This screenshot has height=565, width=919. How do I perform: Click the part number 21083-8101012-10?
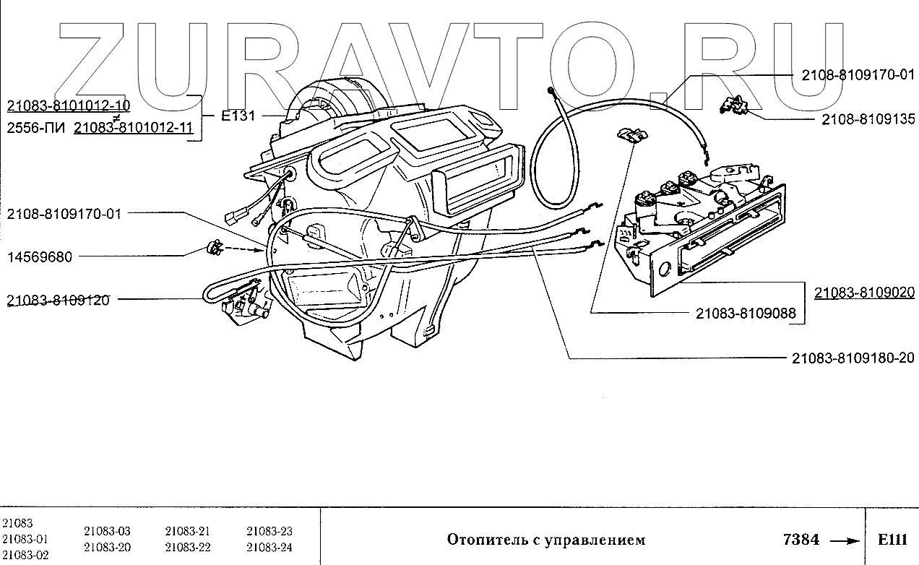click(x=69, y=106)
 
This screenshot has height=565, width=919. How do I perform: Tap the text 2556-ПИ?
click(x=35, y=128)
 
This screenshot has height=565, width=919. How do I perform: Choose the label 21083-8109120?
click(x=58, y=301)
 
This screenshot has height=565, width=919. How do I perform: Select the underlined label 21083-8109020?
click(x=864, y=293)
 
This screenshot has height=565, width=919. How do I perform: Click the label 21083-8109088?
click(x=746, y=314)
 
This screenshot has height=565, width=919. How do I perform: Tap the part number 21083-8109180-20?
click(x=853, y=358)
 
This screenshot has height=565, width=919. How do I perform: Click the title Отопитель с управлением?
click(x=545, y=540)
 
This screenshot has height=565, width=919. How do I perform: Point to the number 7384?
click(x=801, y=540)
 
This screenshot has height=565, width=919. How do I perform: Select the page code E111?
click(x=892, y=540)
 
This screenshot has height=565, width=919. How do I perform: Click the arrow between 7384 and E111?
click(x=842, y=540)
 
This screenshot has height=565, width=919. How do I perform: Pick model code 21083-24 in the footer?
click(x=269, y=546)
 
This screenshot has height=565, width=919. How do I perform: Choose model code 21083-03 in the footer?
click(x=107, y=531)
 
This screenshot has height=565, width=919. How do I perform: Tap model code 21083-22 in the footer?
click(x=187, y=546)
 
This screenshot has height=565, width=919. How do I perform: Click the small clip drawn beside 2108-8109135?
click(x=734, y=105)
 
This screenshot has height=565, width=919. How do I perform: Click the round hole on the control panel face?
click(x=664, y=271)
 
